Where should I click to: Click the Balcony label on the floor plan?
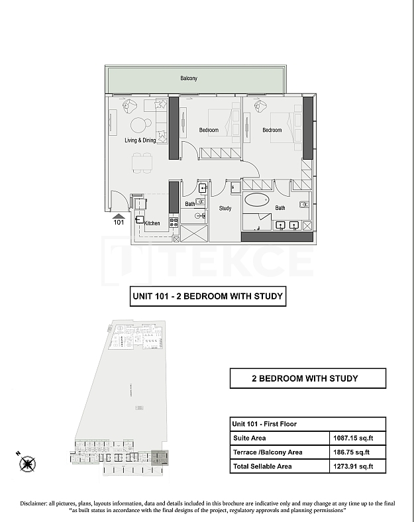coord(189,78)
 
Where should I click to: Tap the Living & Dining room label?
coord(140,140)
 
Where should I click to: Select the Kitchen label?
coord(152,223)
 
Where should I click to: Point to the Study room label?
coord(225,208)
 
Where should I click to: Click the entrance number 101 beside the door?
coord(119,223)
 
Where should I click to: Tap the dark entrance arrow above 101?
coord(119,215)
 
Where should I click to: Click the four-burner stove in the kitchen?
coord(174,223)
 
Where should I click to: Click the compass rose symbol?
coord(27,464)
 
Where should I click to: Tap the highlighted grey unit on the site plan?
coord(160,457)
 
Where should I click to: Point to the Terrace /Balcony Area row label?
coord(268,452)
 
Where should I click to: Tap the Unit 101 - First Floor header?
coord(264,424)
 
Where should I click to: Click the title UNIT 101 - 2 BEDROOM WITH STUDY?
coord(208,296)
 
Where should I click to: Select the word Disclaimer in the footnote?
coord(37,503)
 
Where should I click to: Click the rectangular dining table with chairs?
coord(141,162)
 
